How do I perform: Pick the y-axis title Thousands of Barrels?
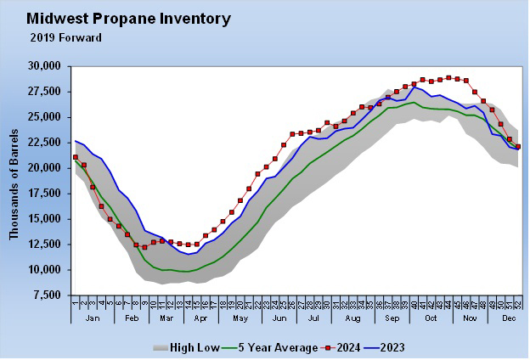[14, 180]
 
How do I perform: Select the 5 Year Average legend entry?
[269, 346]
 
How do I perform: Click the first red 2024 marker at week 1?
[76, 157]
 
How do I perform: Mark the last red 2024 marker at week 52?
[518, 147]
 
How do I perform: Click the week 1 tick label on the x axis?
[76, 302]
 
